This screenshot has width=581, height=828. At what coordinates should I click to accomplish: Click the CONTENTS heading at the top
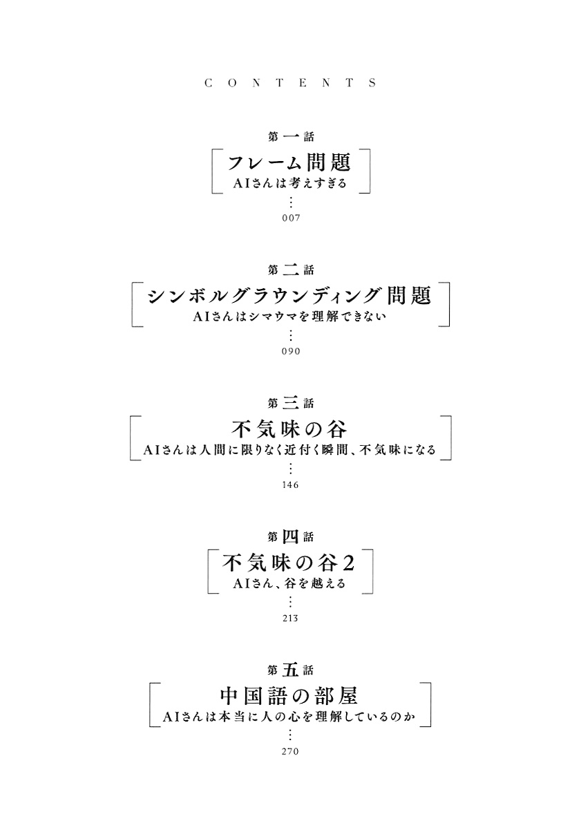pos(290,83)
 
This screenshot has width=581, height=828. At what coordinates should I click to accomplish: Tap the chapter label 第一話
pos(291,137)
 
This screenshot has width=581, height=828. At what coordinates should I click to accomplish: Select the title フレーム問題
pos(289,162)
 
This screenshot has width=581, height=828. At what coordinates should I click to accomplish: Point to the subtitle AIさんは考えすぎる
pos(290,184)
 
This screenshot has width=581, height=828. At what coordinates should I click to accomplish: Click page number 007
pos(291,218)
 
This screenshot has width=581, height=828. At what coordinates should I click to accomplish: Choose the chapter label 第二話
pos(291,270)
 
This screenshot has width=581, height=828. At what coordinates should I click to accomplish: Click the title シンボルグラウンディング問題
pos(290,296)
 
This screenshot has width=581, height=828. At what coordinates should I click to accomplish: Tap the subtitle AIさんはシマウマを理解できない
pos(290,317)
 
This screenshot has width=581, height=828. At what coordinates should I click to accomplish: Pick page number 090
pos(291,351)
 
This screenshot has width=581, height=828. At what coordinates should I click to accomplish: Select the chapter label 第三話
pos(291,404)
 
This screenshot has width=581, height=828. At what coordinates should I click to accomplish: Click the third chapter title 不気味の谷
pos(289,429)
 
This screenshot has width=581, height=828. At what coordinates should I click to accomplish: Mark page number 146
pos(291,484)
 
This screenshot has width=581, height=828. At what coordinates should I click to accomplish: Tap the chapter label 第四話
pos(291,537)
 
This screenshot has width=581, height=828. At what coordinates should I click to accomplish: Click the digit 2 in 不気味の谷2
pos(348,563)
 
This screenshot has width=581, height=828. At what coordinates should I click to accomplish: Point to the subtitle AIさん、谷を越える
pos(289,583)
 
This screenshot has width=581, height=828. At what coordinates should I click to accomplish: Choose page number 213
pos(291,618)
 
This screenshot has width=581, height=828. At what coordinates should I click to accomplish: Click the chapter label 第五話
pos(291,670)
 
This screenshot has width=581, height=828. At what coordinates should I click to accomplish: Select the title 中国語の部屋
pos(289,696)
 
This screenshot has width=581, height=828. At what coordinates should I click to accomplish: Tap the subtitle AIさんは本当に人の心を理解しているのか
pos(289,717)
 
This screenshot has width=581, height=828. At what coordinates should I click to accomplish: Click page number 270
pos(291,751)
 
